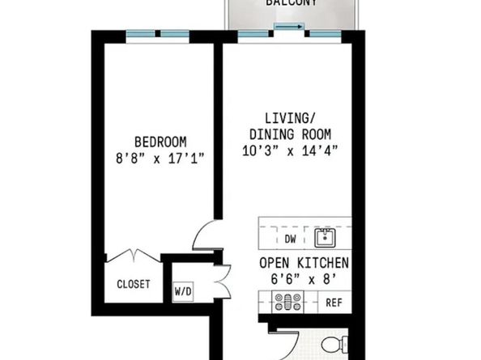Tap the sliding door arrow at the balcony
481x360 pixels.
pos(289,27)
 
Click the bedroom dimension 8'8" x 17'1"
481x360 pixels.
pos(160,158)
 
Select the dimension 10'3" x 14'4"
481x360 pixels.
pos(290,150)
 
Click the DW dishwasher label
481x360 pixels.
pos(290,239)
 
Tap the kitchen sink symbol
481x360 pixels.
pos(325,238)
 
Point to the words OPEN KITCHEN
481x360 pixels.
pos(304,263)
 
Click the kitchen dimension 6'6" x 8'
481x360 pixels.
pos(304,279)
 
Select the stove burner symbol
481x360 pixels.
pos(287,303)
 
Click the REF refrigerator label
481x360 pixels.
pos(334,303)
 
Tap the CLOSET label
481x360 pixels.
pos(134,284)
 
